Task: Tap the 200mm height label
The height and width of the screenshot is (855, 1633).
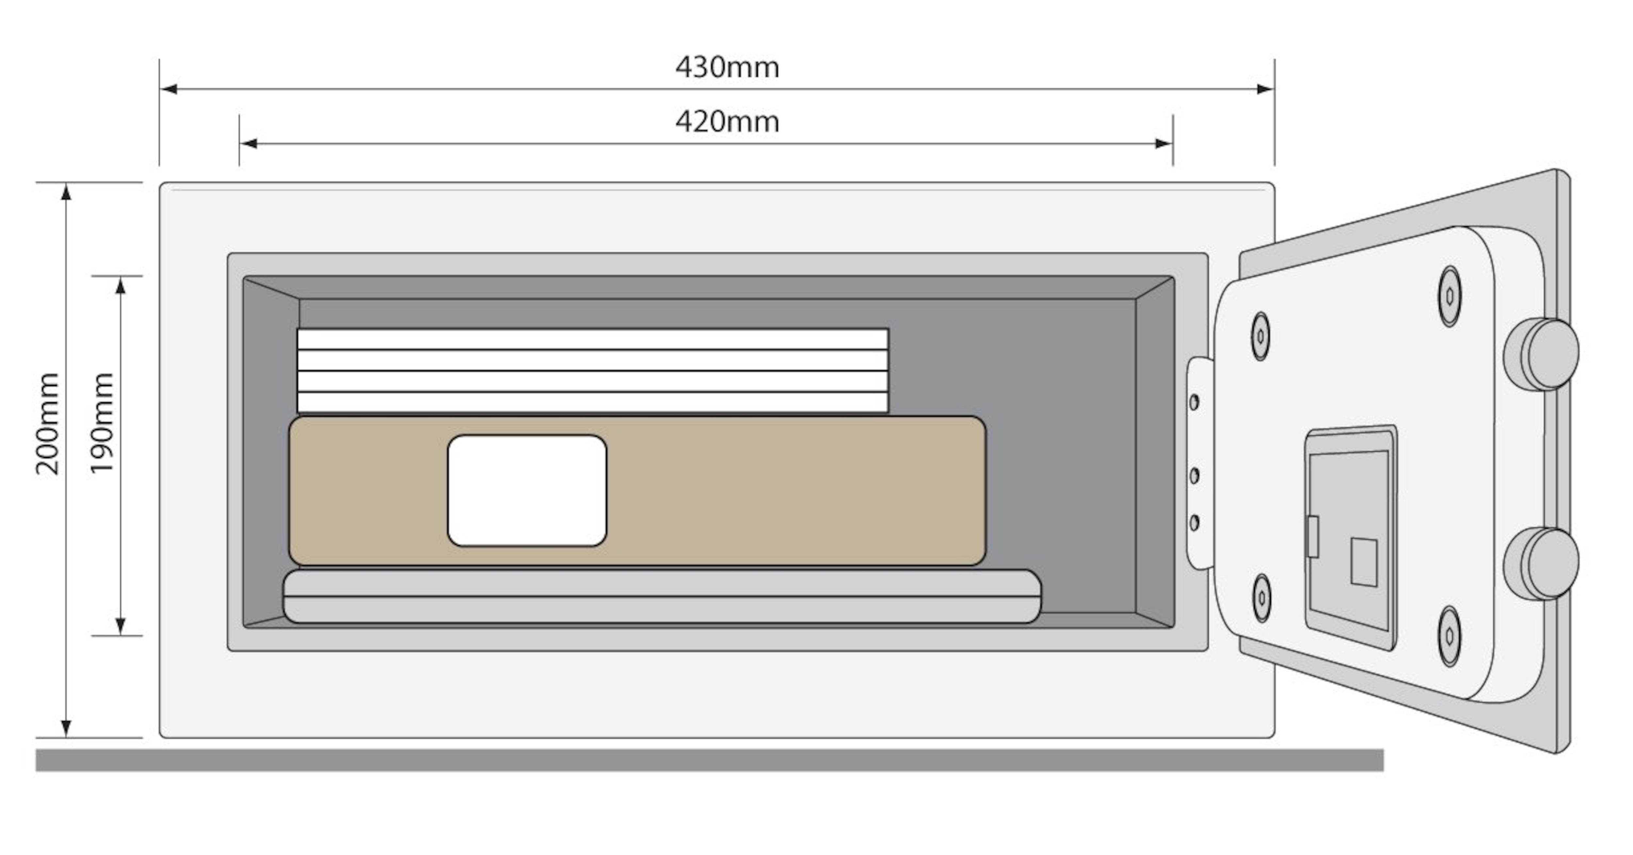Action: pyautogui.click(x=48, y=424)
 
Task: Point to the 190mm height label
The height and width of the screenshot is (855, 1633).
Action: pyautogui.click(x=102, y=424)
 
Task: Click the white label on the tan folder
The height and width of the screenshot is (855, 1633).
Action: pyautogui.click(x=527, y=490)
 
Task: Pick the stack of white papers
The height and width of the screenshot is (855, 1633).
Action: pyautogui.click(x=593, y=370)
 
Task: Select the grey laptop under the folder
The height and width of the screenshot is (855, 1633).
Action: pyautogui.click(x=662, y=596)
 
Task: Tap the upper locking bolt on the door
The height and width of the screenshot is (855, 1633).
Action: pyautogui.click(x=1542, y=354)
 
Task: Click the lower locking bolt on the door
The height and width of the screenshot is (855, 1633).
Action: pyautogui.click(x=1542, y=563)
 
